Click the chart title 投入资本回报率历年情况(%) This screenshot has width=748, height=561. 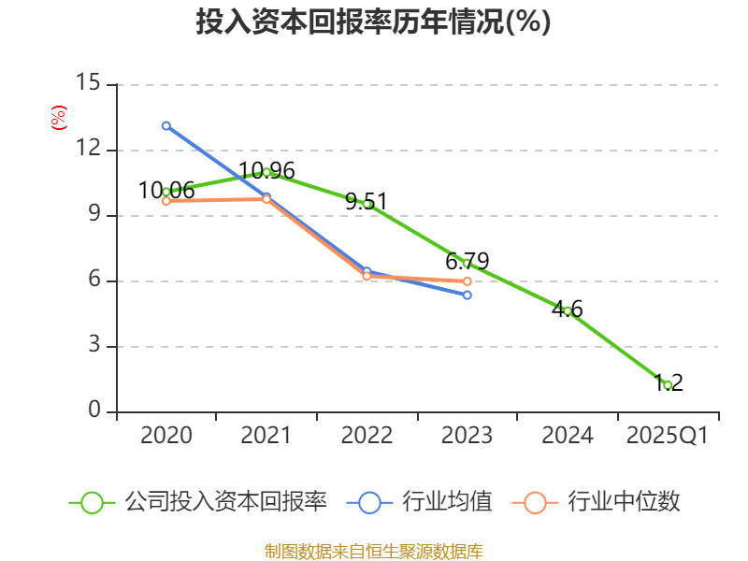tap(373, 22)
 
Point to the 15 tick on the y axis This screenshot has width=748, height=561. tap(88, 83)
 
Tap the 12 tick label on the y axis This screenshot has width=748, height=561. tap(88, 150)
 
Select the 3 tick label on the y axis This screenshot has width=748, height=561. tap(94, 346)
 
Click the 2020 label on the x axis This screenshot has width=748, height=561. tap(166, 436)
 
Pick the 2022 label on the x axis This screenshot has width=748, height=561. tap(367, 436)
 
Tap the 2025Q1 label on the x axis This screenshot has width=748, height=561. tap(667, 436)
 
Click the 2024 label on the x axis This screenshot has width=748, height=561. tap(567, 436)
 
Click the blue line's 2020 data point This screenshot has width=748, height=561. tap(166, 125)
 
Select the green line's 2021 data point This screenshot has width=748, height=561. tap(266, 172)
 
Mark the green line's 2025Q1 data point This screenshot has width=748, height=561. tap(668, 385)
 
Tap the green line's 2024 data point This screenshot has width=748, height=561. tap(567, 310)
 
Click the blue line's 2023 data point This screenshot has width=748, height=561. tap(467, 295)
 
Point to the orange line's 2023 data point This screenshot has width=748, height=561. tap(467, 281)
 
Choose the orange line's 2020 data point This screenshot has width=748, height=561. tap(166, 201)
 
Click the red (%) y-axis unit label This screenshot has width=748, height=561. tap(59, 119)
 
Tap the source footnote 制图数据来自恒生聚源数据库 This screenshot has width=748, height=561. tap(373, 551)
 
